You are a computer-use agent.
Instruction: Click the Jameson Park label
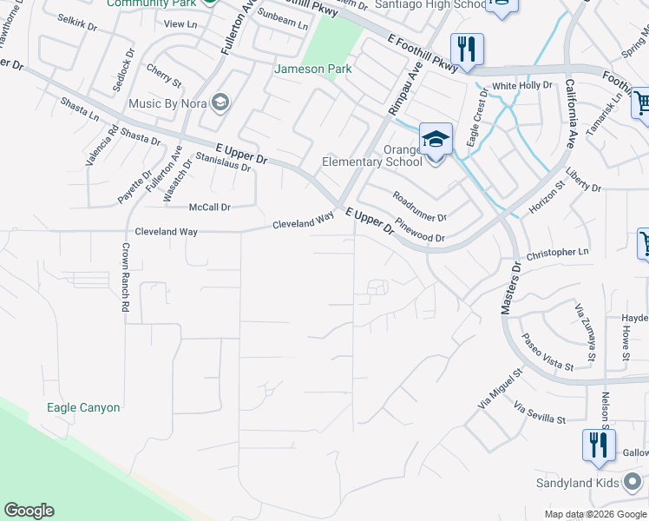306,69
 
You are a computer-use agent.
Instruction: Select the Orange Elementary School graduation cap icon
436,139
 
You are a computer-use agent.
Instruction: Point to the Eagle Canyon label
83,407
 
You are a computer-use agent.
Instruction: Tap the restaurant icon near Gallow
598,445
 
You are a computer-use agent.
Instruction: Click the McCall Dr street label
210,208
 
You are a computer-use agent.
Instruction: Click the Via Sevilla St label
540,412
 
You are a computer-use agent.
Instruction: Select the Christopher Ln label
557,253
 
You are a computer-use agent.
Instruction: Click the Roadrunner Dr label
419,207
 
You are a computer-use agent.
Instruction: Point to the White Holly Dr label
521,86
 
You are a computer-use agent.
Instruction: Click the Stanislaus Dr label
223,162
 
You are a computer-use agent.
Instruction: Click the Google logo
29,511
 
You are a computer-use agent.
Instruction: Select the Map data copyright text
595,514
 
